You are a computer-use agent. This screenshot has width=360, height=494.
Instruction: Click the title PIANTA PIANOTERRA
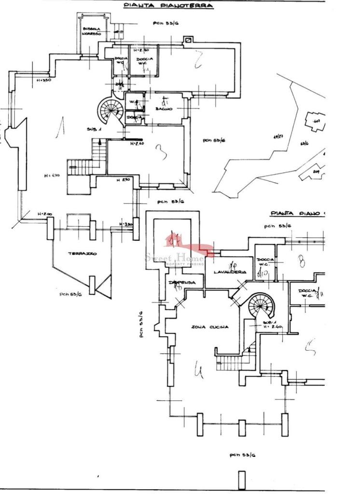(x=168, y=6)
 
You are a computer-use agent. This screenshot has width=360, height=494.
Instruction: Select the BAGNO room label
(x=164, y=110)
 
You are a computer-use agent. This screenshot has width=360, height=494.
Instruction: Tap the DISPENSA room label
(x=182, y=283)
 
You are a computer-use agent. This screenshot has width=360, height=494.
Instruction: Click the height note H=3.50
(x=44, y=80)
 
